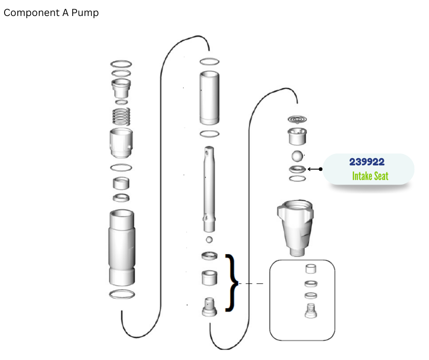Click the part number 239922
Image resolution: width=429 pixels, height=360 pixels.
coord(366,162)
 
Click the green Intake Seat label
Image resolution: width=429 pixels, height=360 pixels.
coord(370,176)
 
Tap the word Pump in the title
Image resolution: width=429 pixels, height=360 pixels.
coord(85,13)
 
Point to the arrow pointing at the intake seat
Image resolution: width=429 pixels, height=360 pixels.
coord(315,169)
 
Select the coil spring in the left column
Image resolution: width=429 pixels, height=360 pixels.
coord(121,116)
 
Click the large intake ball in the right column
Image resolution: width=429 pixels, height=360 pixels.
coord(298,156)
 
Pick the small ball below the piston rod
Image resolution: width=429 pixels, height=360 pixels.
coord(209,240)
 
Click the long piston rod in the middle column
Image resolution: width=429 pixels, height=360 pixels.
coord(209,189)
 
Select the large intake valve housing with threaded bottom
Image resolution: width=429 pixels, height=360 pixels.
coord(295,228)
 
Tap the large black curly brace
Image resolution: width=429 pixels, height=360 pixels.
coord(232,283)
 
